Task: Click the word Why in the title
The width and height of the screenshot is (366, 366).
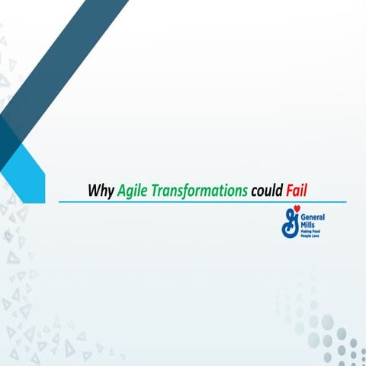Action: coord(101,190)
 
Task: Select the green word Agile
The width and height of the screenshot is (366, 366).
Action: coord(135,190)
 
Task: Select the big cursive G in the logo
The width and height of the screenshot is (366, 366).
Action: coord(290,222)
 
